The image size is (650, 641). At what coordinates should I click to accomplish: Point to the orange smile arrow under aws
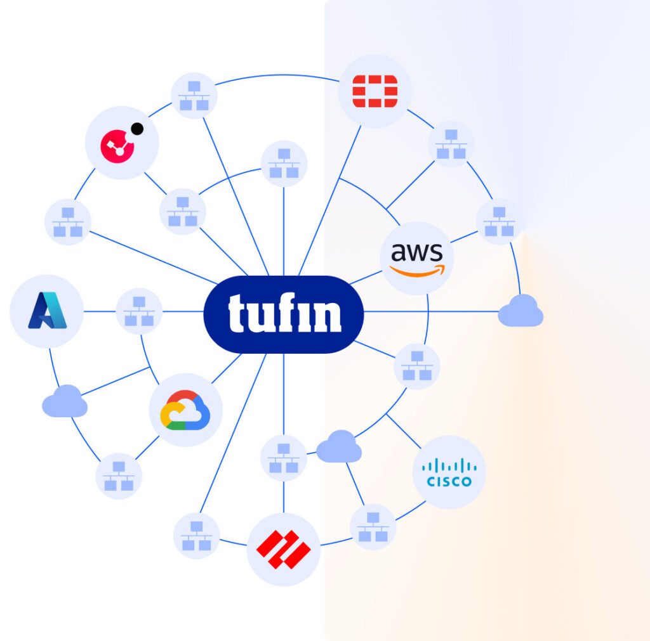coord(416,271)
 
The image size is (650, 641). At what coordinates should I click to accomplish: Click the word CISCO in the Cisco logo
coord(449,481)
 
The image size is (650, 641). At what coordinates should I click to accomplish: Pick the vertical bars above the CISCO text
coord(449,465)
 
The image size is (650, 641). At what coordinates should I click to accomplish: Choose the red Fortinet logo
coord(375,91)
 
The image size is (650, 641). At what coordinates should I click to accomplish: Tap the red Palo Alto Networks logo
coord(283,550)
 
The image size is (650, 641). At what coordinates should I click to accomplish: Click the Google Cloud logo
coord(185,410)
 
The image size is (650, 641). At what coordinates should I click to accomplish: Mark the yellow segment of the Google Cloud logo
coord(167,416)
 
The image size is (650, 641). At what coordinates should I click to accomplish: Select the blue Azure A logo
coord(46,311)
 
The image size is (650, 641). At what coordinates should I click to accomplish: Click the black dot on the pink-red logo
coord(136,129)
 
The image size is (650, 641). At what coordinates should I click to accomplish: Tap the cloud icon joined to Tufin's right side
coord(521,311)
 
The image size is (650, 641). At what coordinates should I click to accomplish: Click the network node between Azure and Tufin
coord(139,311)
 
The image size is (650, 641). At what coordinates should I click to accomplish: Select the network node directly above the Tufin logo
coord(284,163)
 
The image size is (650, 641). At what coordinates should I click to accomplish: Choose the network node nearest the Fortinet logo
coord(451,144)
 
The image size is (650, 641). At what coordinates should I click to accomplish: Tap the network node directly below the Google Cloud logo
coord(119,476)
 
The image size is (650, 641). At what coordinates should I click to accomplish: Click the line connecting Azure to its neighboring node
coord(100,311)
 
